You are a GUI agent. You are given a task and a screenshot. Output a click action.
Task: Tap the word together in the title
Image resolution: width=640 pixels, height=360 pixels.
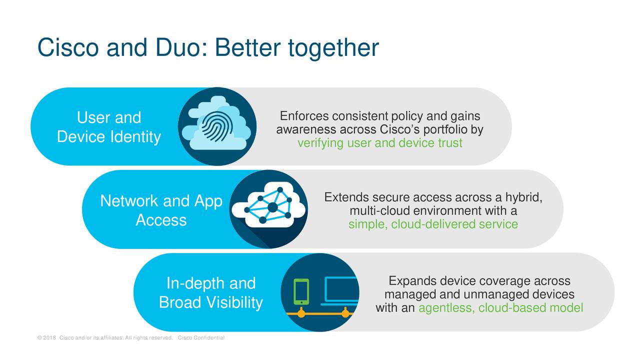pyautogui.click(x=333, y=48)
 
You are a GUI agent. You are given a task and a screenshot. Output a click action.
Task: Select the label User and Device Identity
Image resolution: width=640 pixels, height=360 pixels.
pyautogui.click(x=109, y=127)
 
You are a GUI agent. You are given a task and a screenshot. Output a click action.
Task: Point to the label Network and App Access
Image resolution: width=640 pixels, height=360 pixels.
pyautogui.click(x=161, y=210)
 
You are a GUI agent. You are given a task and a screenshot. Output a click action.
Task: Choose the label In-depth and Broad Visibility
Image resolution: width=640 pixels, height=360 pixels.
pyautogui.click(x=211, y=292)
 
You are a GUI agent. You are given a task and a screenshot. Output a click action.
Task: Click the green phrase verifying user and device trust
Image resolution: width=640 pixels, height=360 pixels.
pyautogui.click(x=379, y=143)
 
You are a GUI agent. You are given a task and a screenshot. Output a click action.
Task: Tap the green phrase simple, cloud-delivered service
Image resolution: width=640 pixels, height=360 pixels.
pyautogui.click(x=433, y=224)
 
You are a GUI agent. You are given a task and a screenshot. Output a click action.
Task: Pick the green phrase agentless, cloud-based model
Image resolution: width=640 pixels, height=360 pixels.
pyautogui.click(x=500, y=307)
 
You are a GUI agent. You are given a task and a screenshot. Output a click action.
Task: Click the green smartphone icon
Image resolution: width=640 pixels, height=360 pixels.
pyautogui.click(x=301, y=291)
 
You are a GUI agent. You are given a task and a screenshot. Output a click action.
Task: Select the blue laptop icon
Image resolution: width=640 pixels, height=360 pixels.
pyautogui.click(x=340, y=291)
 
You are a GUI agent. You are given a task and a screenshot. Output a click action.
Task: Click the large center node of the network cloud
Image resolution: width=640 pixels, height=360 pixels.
pyautogui.click(x=272, y=207)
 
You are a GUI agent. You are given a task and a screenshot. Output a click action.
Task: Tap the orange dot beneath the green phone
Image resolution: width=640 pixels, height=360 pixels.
pyautogui.click(x=301, y=313)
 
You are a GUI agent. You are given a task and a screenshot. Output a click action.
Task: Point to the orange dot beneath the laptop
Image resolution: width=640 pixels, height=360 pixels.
pyautogui.click(x=345, y=313)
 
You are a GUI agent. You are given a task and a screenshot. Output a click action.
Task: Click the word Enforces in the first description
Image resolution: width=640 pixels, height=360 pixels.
pyautogui.click(x=304, y=116)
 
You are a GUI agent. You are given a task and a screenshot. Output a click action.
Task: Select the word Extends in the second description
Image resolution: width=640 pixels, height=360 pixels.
pyautogui.click(x=347, y=197)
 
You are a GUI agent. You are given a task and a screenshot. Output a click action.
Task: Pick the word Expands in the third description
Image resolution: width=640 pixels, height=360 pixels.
pyautogui.click(x=412, y=281)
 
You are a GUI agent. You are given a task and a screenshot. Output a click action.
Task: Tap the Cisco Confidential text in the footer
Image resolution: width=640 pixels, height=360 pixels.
pyautogui.click(x=201, y=337)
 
